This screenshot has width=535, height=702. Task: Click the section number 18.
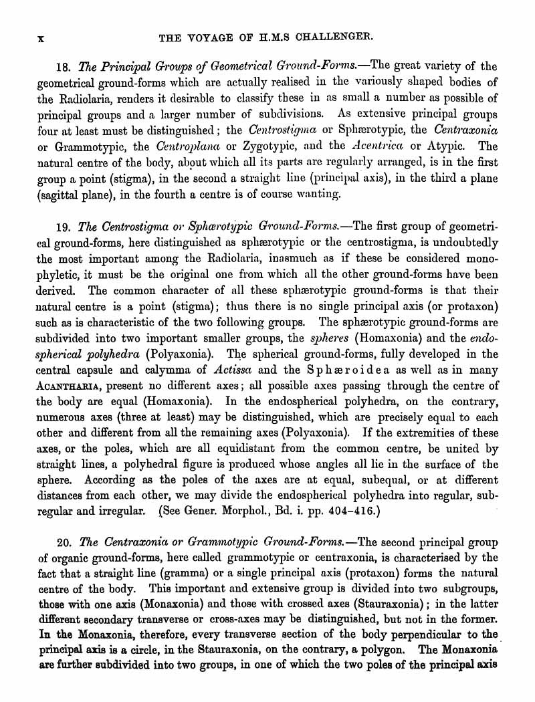pyautogui.click(x=64, y=66)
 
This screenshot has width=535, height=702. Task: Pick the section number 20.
pyautogui.click(x=64, y=542)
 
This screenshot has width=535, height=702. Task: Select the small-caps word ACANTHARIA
pyautogui.click(x=67, y=386)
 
